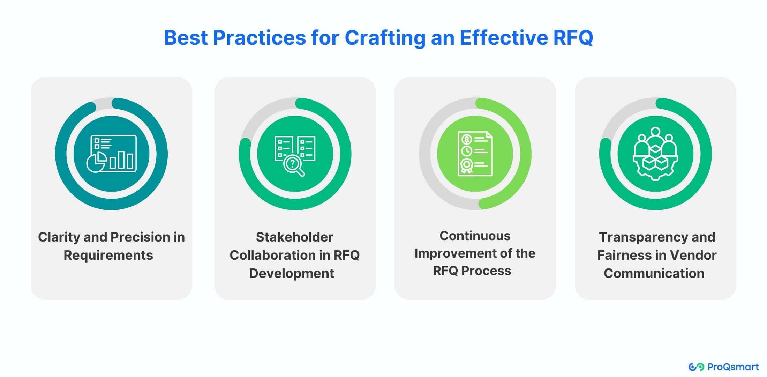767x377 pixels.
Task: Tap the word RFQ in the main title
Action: [x=573, y=38]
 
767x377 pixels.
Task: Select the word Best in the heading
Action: [x=186, y=38]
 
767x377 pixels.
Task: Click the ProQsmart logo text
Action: [x=733, y=367]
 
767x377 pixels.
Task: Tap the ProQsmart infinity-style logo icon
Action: [x=696, y=367]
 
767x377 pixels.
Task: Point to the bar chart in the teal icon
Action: [x=121, y=160]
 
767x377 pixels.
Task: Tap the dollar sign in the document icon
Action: [x=466, y=139]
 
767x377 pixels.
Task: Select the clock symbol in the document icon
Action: [x=466, y=151]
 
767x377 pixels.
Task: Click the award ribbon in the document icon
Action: [x=466, y=165]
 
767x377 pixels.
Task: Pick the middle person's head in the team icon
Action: [x=655, y=132]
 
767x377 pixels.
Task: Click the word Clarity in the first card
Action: [x=59, y=237]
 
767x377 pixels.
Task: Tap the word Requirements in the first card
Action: [x=108, y=256]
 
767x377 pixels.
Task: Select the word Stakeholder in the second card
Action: [x=295, y=237]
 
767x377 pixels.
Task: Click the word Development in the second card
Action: [x=292, y=274]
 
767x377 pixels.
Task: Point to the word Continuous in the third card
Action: [x=475, y=236]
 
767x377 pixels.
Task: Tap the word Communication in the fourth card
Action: [x=654, y=273]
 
